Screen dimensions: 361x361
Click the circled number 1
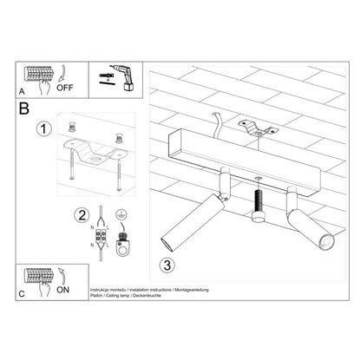pos(41,131)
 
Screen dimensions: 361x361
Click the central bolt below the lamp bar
pos(258,208)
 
